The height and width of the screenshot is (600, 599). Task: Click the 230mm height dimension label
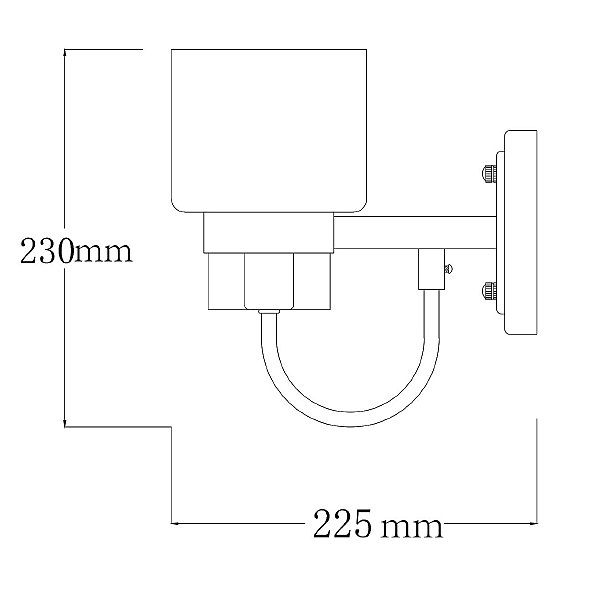(x=76, y=251)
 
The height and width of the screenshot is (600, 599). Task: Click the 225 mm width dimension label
(x=378, y=523)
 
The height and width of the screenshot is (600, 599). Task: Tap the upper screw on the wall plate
(x=489, y=173)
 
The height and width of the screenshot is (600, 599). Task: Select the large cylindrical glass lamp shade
(x=269, y=130)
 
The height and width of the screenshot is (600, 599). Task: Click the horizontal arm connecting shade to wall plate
(x=415, y=233)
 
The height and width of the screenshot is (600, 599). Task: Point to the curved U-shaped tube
(x=349, y=419)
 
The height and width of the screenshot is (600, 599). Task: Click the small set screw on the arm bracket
(x=449, y=269)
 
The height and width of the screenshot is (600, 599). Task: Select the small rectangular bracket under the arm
(x=431, y=269)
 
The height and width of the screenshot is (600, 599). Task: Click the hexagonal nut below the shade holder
(x=269, y=281)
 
